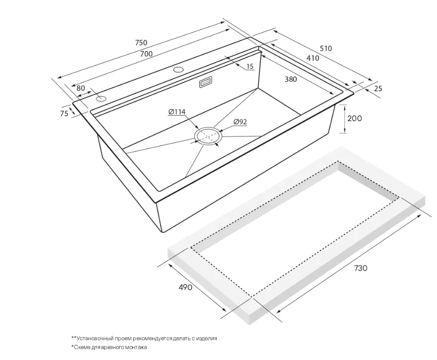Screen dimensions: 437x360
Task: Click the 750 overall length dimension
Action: tap(141, 42)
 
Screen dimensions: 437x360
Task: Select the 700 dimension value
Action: tap(146, 54)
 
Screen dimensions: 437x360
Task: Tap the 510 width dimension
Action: tap(326, 48)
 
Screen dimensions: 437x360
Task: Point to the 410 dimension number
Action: tap(313, 58)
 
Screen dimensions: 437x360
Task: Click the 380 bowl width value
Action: tap(291, 80)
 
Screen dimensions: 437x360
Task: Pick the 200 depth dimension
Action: tap(354, 119)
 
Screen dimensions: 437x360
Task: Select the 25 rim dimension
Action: tap(378, 89)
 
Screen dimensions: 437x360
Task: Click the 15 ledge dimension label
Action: tap(250, 66)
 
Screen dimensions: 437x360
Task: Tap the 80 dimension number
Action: tap(80, 88)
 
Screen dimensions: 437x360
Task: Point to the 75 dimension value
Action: tap(64, 114)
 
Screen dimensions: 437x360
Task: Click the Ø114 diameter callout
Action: tap(176, 112)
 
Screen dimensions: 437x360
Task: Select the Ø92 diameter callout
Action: tap(240, 122)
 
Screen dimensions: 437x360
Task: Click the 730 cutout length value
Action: tap(361, 268)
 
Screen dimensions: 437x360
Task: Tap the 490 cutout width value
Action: tap(185, 287)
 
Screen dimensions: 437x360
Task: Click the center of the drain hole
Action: tap(209, 136)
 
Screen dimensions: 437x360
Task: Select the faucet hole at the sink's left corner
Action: tap(101, 99)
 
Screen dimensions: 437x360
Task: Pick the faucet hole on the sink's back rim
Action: tap(177, 69)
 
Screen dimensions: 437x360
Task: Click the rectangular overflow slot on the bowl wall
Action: tap(206, 83)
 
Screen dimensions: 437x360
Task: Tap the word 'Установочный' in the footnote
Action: tap(94, 339)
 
